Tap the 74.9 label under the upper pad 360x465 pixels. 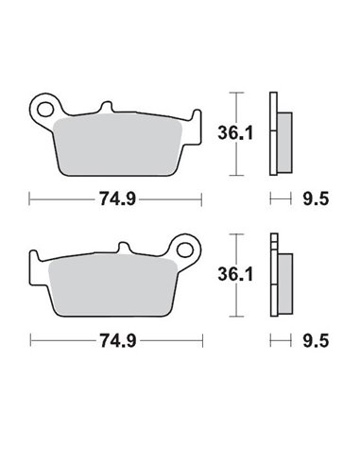(116, 199)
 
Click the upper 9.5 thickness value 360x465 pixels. (310, 199)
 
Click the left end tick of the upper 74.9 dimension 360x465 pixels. (31, 199)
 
